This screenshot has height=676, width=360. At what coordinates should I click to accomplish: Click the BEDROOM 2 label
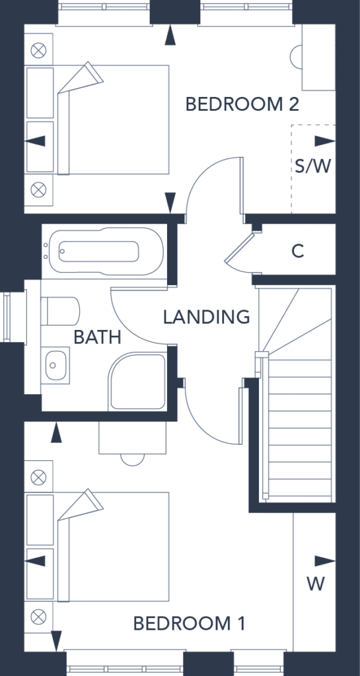(x=242, y=104)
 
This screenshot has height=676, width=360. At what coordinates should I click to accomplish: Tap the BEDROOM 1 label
(x=190, y=623)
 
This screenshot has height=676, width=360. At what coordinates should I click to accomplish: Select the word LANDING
(x=207, y=317)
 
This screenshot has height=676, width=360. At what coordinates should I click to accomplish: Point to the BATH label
(x=98, y=337)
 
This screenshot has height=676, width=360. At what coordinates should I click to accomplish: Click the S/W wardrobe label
(x=313, y=166)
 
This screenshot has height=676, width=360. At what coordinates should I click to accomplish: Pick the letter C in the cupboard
(x=298, y=250)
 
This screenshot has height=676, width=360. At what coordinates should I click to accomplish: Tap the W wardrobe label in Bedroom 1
(x=316, y=584)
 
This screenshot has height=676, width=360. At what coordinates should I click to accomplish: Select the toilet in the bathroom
(x=60, y=310)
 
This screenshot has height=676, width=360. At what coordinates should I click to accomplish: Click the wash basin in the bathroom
(x=55, y=364)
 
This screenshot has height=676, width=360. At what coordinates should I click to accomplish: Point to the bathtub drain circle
(x=62, y=251)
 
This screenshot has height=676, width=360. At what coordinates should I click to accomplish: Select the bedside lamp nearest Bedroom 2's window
(x=38, y=51)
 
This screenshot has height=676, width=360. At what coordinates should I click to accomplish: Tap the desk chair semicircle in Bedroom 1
(x=132, y=459)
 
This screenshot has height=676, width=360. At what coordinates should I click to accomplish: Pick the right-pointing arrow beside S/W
(x=325, y=141)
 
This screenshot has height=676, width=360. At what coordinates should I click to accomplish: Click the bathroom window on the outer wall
(x=6, y=317)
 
